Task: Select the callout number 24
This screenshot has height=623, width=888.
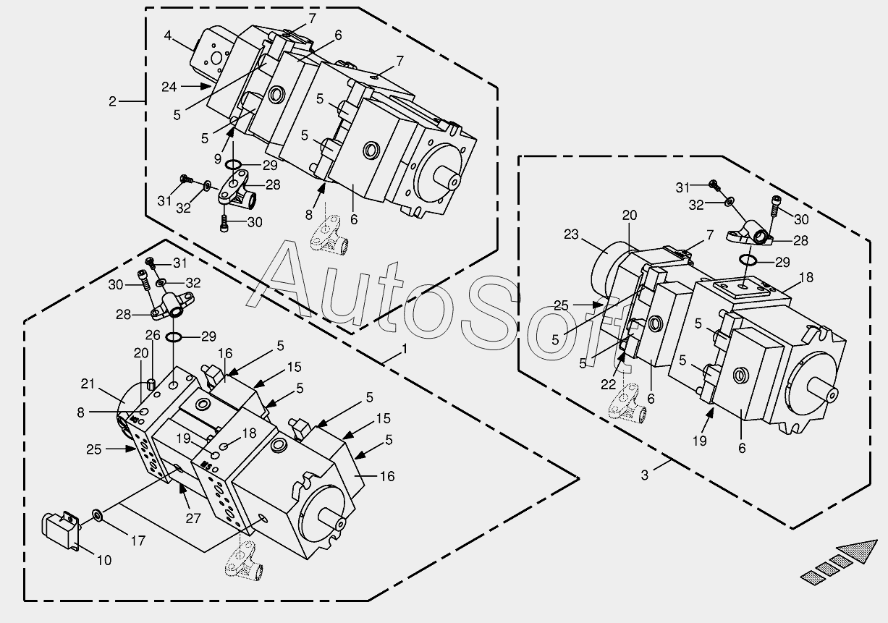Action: point(169,87)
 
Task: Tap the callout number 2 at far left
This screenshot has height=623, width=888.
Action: point(112,101)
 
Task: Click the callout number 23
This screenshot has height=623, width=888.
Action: point(572,234)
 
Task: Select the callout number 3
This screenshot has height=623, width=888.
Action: point(645,475)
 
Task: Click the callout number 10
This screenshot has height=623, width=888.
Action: point(104,560)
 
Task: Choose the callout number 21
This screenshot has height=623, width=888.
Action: point(88,383)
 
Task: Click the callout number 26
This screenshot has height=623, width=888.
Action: point(152,335)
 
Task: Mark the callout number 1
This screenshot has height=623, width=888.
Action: point(404,349)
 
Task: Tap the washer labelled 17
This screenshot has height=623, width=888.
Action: point(96,515)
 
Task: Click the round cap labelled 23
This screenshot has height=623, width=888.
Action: point(612,271)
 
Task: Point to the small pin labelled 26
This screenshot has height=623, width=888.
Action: point(152,382)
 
